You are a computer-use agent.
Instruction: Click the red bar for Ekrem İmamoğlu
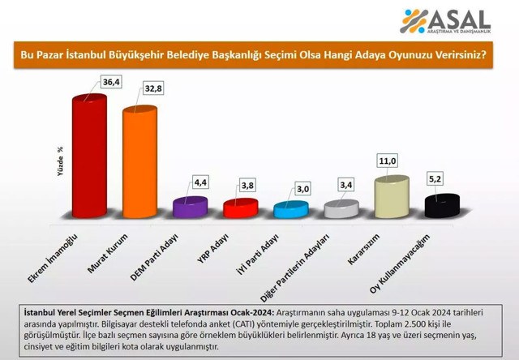89,157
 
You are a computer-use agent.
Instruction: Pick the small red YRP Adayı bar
240,209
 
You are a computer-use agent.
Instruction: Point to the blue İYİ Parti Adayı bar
290,210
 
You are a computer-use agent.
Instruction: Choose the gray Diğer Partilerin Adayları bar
340,209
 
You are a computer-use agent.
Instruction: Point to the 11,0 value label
387,161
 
